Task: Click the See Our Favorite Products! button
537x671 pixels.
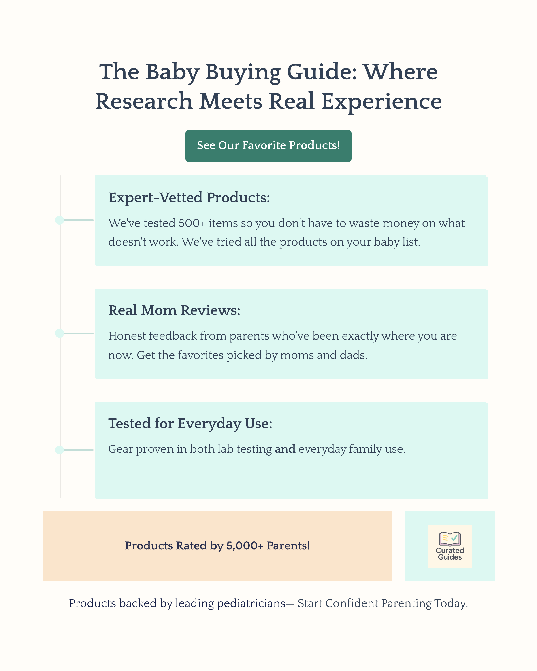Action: click(x=268, y=146)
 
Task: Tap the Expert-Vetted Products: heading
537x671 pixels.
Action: click(x=189, y=198)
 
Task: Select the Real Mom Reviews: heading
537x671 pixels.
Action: click(x=174, y=310)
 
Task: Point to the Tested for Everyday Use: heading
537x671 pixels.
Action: click(x=190, y=424)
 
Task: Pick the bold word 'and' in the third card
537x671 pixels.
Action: click(x=285, y=449)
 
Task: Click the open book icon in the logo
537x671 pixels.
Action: click(x=450, y=539)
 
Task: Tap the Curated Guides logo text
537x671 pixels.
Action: click(x=450, y=554)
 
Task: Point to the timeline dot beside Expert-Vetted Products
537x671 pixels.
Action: click(x=60, y=220)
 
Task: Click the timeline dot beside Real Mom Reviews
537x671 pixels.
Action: click(x=60, y=333)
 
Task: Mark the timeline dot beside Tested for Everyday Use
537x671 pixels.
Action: click(x=60, y=450)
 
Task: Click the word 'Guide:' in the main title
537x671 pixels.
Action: click(x=322, y=72)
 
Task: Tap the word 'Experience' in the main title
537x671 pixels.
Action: click(x=381, y=102)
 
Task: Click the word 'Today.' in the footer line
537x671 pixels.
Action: click(x=451, y=603)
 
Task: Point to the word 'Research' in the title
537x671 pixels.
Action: click(x=144, y=102)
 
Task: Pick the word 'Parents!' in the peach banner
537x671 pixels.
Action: click(x=288, y=546)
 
